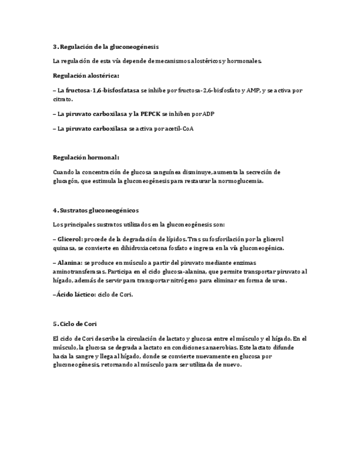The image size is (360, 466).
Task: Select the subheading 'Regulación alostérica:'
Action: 86,75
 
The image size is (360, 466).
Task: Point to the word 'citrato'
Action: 62,99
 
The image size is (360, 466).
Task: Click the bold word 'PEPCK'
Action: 150,114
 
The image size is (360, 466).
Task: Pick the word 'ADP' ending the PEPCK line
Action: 208,114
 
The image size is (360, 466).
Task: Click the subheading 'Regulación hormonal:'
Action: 86,157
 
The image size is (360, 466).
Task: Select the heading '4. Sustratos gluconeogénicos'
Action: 96,210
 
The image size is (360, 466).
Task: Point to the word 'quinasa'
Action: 65,248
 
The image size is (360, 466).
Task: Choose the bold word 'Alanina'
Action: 69,263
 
